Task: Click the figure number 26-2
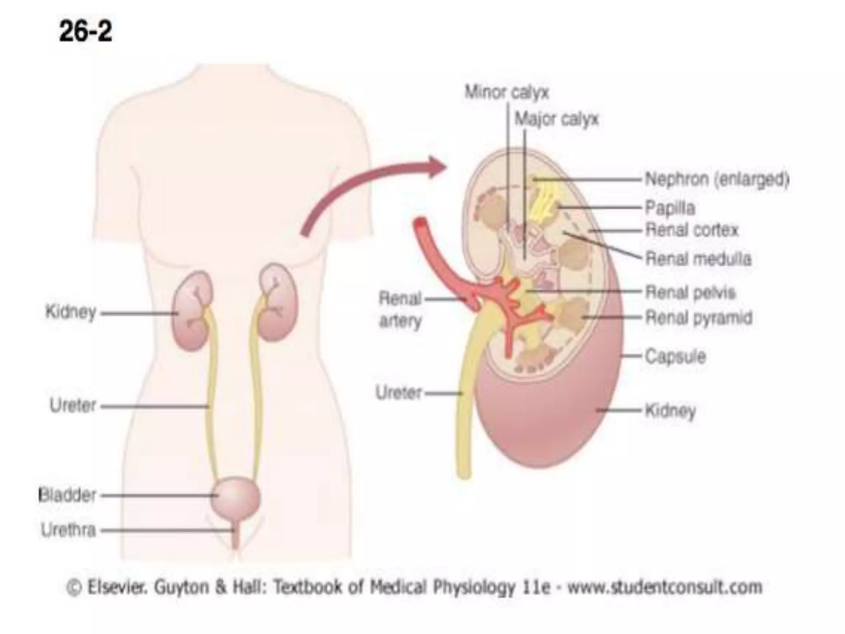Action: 85,32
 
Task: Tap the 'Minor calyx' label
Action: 507,92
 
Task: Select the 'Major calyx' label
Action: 556,120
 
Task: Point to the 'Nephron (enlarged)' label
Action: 717,180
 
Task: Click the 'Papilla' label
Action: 670,208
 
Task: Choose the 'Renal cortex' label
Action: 692,230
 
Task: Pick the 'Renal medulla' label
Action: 698,259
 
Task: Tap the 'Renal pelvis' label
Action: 690,293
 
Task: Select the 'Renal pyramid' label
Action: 699,318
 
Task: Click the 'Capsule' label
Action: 675,356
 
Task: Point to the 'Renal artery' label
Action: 400,309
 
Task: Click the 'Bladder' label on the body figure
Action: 67,495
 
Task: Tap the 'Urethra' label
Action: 68,530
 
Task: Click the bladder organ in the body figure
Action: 236,497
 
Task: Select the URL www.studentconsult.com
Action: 665,587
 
